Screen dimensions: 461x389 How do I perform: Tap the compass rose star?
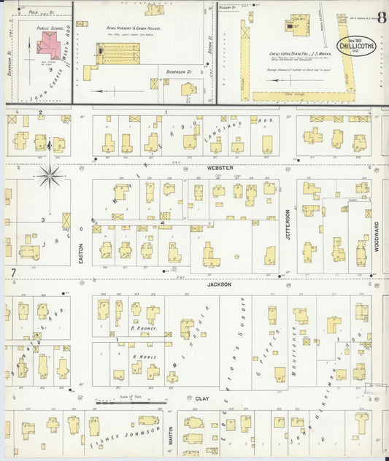pos(50,174)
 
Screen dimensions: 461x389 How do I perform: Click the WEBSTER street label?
pos(219,168)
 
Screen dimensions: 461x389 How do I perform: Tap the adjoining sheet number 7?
pos(13,273)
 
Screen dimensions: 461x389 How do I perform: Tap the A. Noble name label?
pos(141,357)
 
